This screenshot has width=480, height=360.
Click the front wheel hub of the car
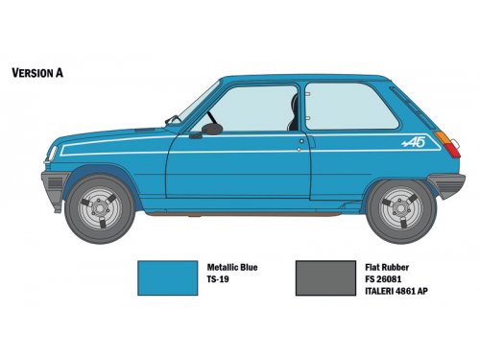[100, 208]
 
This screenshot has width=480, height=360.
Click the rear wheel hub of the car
[401, 208]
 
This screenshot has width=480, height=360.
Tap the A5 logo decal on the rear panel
[414, 143]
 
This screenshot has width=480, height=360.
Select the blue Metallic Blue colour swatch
[167, 277]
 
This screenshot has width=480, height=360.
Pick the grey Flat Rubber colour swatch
[325, 277]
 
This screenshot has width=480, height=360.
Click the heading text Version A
[37, 73]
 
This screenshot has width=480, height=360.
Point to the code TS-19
[218, 279]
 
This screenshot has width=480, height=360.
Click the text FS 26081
[383, 279]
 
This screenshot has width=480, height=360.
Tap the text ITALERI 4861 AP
[396, 291]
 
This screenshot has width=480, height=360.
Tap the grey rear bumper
[447, 185]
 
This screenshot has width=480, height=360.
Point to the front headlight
[53, 154]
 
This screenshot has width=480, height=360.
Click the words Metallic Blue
[232, 267]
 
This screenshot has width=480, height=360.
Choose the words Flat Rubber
[387, 267]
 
